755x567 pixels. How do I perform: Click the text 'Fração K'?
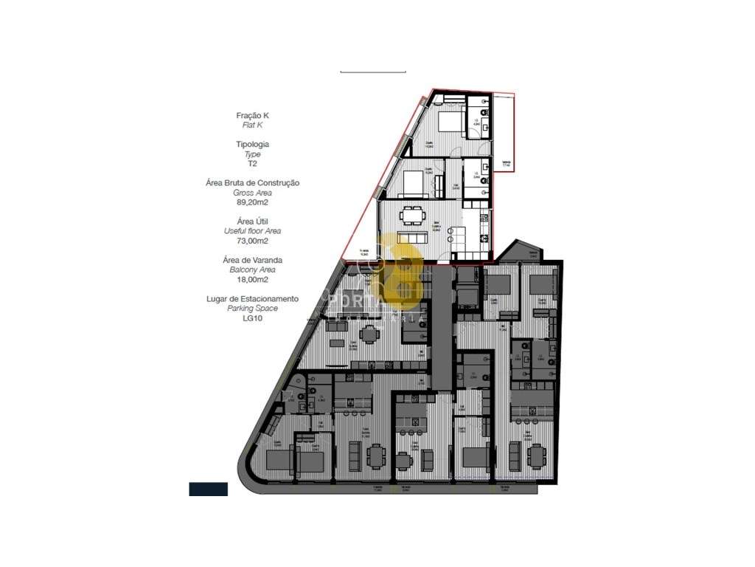tap(253, 115)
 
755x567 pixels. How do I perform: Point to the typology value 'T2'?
tap(253, 164)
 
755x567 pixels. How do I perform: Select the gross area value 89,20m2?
tap(253, 202)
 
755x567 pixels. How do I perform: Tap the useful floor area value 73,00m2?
tap(253, 241)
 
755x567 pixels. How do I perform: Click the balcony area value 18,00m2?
tap(253, 280)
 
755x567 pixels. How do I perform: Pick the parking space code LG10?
tap(253, 318)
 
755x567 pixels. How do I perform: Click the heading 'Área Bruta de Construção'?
tap(253, 182)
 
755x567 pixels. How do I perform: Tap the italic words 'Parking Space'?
tap(253, 309)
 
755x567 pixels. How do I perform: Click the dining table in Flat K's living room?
tap(412, 216)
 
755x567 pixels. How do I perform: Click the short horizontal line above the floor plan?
tap(373, 72)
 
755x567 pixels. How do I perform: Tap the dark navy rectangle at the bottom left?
tap(208, 488)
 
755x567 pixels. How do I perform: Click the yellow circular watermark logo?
tap(398, 273)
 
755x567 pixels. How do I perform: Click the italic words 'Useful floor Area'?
tap(253, 231)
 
